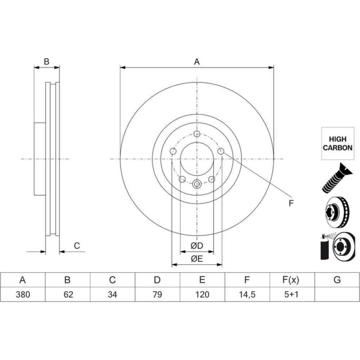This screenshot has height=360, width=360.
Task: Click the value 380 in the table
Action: coord(23,294)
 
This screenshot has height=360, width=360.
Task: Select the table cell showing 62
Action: coord(68,294)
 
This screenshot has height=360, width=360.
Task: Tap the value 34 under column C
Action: coord(112,294)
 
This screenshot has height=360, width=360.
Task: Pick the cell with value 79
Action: coord(157,294)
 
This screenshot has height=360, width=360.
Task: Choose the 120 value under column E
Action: coord(202,294)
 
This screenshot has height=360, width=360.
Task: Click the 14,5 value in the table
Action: coord(247,294)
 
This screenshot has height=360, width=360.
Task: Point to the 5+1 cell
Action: coord(291,294)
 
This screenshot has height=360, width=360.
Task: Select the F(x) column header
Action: coord(291,280)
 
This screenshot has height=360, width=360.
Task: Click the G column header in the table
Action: coord(337,280)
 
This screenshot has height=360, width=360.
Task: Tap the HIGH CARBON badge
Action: coord(338,144)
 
